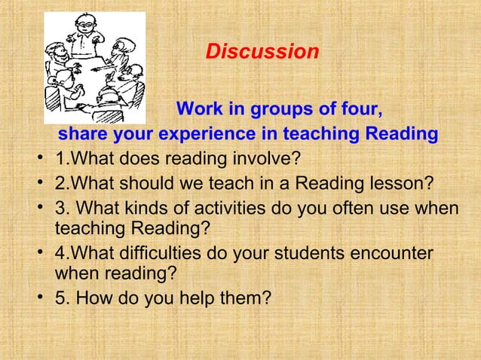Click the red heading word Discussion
[x=262, y=53]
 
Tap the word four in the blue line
[x=360, y=110]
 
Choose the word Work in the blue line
[x=200, y=110]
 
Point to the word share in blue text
[x=83, y=136]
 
